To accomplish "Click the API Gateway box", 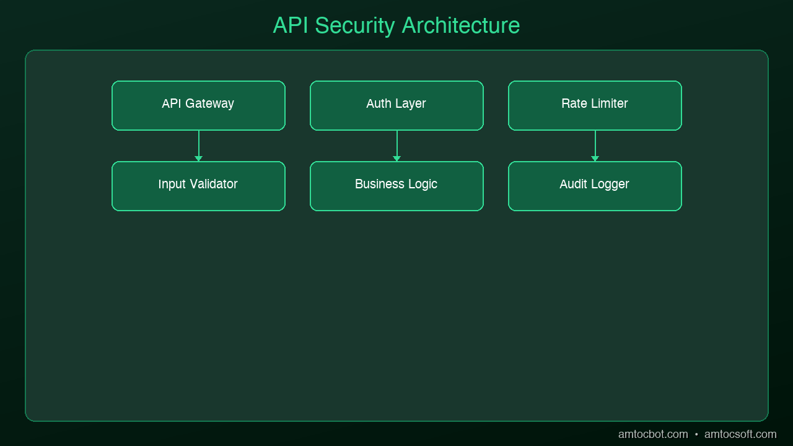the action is click(x=199, y=105).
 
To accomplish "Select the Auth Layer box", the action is click(x=397, y=105).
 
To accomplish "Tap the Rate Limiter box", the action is click(x=595, y=105).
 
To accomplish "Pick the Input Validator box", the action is click(x=199, y=186).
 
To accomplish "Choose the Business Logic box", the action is click(x=397, y=186).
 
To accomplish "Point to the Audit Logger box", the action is click(x=595, y=186).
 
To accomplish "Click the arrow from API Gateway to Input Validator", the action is click(x=199, y=146).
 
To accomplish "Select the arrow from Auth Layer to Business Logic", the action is click(x=397, y=146).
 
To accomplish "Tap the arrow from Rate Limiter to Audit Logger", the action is click(x=595, y=146).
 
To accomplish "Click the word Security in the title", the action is click(x=355, y=26).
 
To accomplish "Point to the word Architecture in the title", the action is click(x=461, y=25).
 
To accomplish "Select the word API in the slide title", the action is click(x=291, y=25).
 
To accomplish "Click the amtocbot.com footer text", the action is click(x=653, y=434).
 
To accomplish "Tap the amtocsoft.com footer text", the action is click(x=740, y=434).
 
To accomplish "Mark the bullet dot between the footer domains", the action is click(x=696, y=435).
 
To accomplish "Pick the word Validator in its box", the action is click(x=214, y=184).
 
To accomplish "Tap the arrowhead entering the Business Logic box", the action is click(x=397, y=159).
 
